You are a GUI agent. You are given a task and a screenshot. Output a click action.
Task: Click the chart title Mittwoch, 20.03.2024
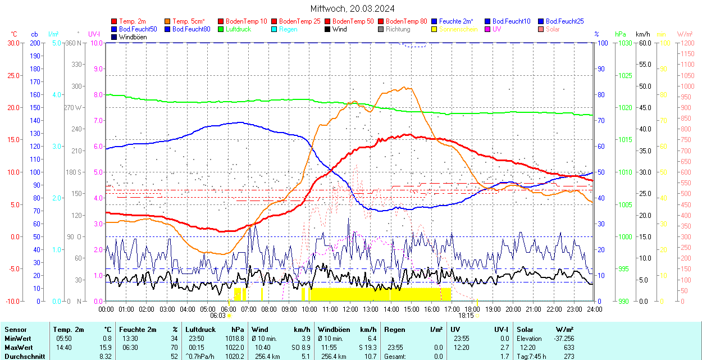(x=352, y=8)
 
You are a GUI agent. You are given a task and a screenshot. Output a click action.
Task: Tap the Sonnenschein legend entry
(x=458, y=29)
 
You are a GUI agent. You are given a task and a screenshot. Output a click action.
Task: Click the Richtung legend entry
(x=398, y=29)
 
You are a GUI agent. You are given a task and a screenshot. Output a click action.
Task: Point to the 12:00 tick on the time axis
(x=350, y=309)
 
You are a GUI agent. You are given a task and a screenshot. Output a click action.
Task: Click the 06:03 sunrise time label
(x=218, y=316)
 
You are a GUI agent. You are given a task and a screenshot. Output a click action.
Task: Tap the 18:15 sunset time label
(x=466, y=316)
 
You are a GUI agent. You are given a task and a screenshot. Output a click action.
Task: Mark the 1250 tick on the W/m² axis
(x=686, y=43)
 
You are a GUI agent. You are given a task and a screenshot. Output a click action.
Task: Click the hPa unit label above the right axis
(x=620, y=34)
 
